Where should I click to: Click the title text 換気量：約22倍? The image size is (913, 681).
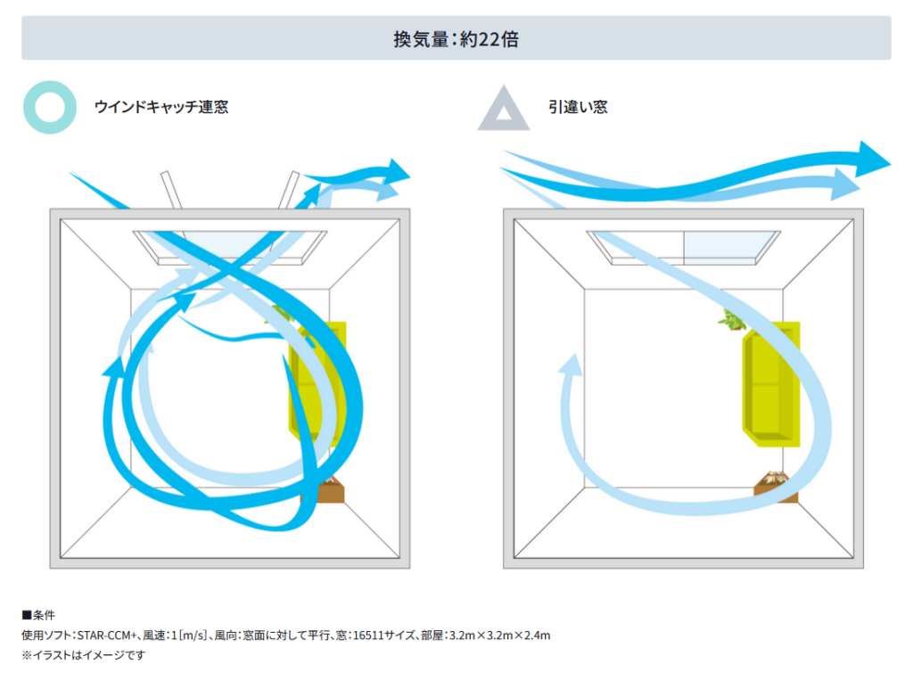tap(456, 39)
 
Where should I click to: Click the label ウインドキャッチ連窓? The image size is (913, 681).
tap(161, 107)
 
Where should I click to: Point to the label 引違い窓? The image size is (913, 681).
tap(578, 107)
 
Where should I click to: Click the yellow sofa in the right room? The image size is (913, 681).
tap(771, 384)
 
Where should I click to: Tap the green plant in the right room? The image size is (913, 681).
tap(731, 319)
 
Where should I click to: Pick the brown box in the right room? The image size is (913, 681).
tap(776, 486)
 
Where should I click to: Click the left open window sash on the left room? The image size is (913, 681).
tap(171, 190)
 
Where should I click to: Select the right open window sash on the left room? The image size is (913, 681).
tap(289, 190)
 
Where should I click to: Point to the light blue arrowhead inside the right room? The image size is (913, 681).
tap(572, 365)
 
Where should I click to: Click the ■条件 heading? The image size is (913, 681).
tap(38, 615)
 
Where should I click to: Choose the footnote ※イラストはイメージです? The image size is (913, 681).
tap(83, 655)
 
